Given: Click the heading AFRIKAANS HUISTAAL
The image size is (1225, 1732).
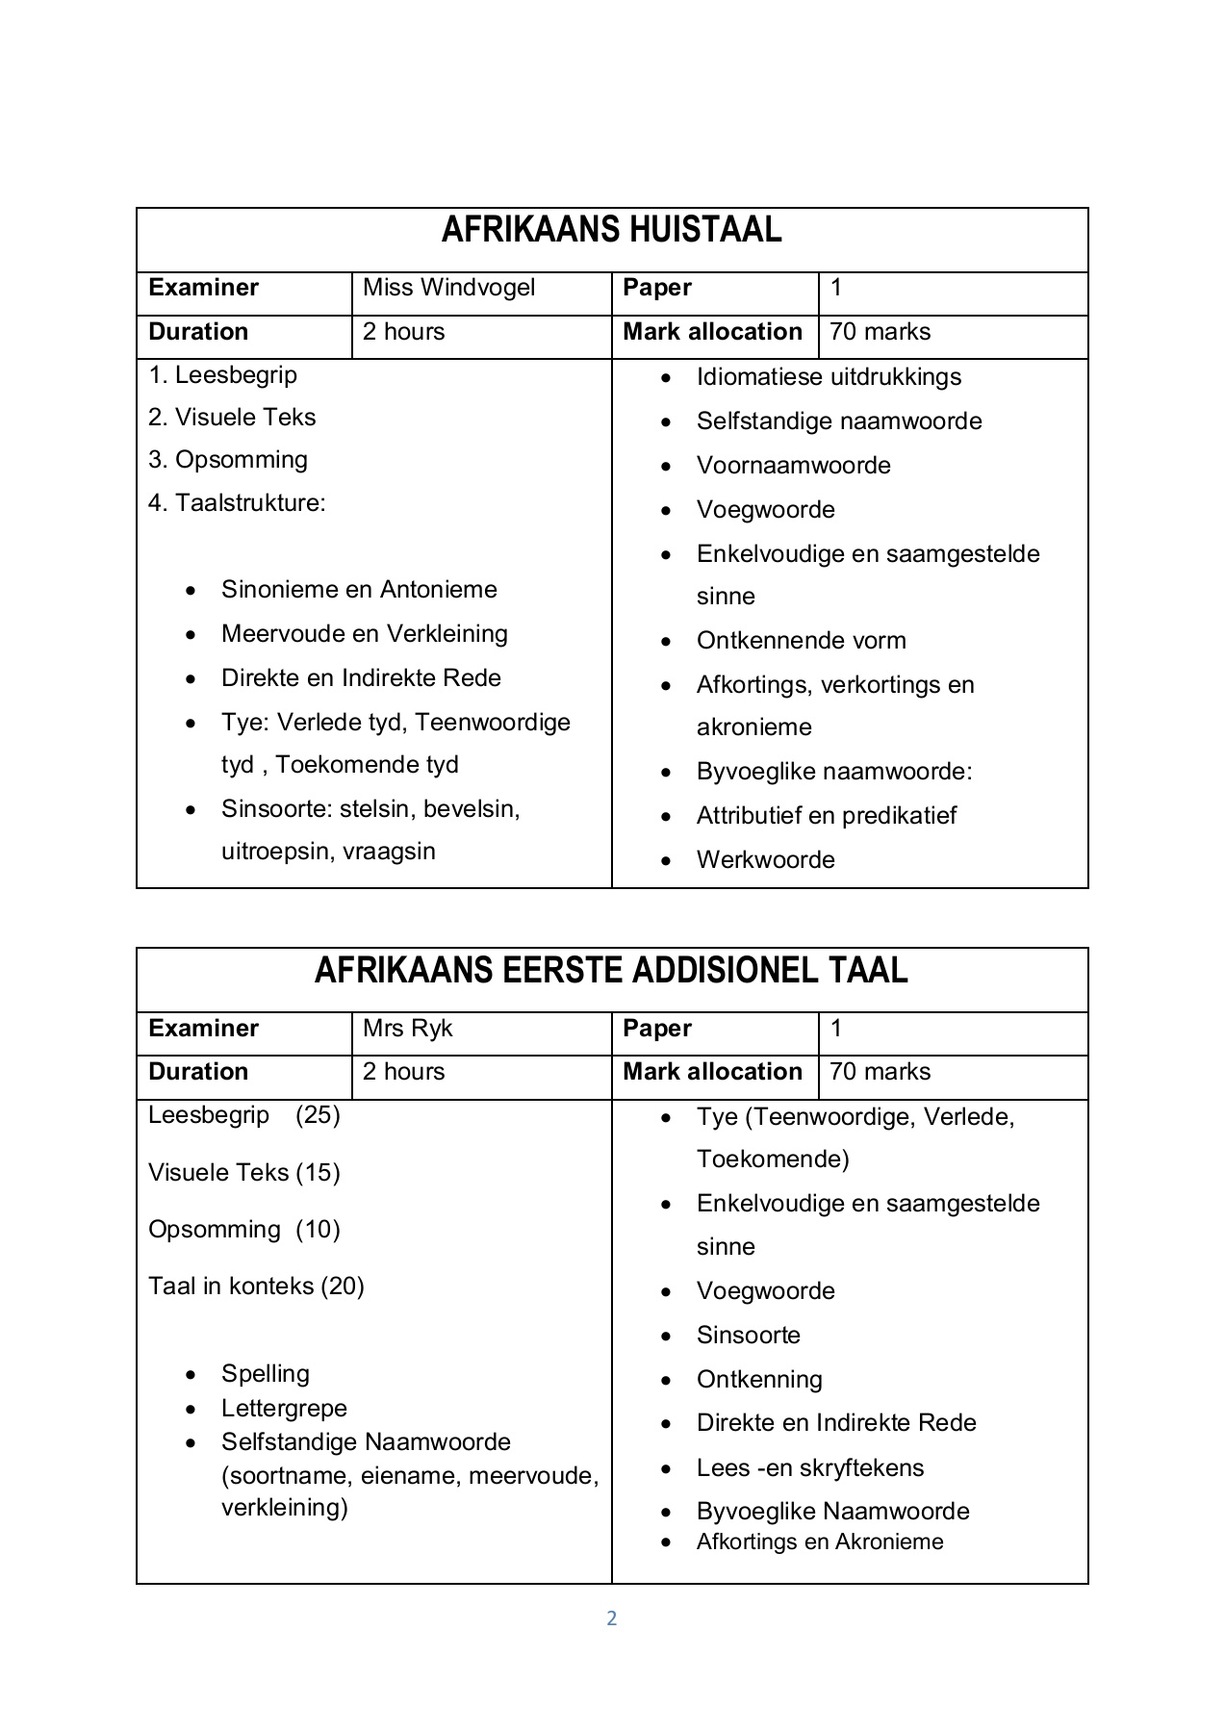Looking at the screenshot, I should point(611,230).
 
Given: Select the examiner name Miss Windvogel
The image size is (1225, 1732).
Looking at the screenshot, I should point(448,288).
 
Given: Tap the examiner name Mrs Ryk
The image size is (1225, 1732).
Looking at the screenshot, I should point(407,1029).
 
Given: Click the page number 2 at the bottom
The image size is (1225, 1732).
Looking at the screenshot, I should point(611,1618).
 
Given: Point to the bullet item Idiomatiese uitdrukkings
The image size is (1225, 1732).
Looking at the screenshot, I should point(828,377).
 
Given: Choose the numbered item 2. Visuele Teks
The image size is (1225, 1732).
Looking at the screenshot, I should point(232,418).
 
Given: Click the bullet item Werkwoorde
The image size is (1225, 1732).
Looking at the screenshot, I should point(765,860).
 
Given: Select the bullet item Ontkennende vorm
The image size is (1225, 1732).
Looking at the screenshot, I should point(801,641).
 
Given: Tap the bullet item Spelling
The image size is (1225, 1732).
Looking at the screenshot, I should point(265,1374).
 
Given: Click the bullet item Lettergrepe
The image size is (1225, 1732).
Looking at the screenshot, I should point(284,1409).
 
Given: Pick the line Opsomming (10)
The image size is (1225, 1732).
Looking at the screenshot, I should point(244,1230).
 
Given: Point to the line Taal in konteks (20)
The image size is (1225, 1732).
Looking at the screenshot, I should point(256,1286).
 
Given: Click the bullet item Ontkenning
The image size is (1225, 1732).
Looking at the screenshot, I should point(758,1380).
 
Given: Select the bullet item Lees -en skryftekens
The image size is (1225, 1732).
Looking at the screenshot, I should point(809,1468).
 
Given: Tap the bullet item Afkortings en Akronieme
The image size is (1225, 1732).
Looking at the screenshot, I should point(819,1542).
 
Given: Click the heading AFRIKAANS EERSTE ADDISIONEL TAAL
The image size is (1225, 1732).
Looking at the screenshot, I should point(611,971).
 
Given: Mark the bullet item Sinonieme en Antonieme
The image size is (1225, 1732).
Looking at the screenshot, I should point(359,590).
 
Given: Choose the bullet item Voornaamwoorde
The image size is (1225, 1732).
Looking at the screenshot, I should point(793,466).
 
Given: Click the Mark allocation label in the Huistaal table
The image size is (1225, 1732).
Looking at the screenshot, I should point(712,332).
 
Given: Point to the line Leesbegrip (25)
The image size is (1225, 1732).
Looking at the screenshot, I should point(244,1116).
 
